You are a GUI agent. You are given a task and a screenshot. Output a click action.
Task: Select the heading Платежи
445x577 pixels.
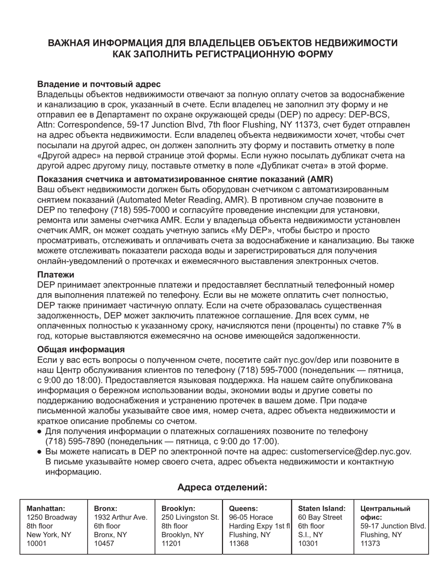tap(56, 274)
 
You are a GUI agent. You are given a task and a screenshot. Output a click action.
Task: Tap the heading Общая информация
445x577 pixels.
tap(81, 349)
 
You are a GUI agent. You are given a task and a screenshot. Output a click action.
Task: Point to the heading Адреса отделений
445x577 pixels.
tap(222, 487)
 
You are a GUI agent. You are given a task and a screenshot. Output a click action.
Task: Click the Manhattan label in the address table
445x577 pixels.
tap(46, 509)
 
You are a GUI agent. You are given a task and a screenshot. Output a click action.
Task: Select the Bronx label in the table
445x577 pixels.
tap(106, 509)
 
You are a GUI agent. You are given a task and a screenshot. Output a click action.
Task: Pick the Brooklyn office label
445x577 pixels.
tap(178, 509)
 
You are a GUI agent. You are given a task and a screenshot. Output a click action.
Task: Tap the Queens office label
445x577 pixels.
tap(243, 509)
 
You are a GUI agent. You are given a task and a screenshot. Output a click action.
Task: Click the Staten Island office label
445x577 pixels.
tap(322, 509)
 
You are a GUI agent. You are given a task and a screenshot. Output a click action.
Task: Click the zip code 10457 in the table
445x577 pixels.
tap(104, 544)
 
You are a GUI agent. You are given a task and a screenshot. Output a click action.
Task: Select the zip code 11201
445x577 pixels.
tap(171, 544)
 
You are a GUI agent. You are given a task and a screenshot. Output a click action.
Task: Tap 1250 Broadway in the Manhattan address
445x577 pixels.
tap(52, 517)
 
